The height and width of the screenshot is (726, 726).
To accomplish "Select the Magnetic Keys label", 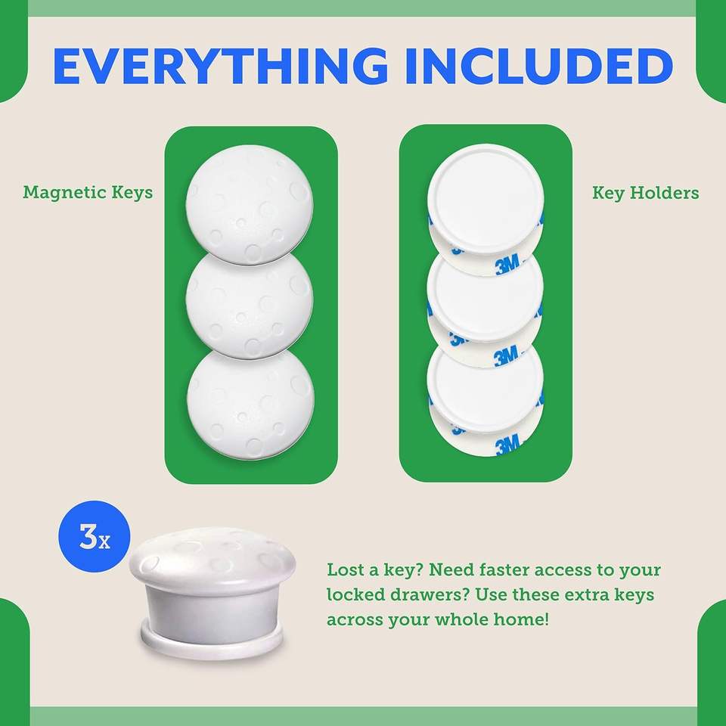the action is pos(88,192).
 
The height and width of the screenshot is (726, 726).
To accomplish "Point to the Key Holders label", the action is pos(645,193).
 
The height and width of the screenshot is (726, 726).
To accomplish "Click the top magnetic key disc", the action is pos(249,204).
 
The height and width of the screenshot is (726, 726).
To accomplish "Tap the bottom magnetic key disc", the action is pos(250,404).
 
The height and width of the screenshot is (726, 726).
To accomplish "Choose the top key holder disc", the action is pos(486,200).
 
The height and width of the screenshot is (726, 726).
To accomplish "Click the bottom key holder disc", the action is pos(485,388).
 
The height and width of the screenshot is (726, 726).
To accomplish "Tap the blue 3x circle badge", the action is pos(95,536).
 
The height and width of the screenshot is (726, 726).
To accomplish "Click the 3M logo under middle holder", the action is pos(506,357).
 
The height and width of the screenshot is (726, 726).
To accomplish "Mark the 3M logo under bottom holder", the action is pos(507,447).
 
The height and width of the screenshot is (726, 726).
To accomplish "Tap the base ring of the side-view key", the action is pos(212,641).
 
